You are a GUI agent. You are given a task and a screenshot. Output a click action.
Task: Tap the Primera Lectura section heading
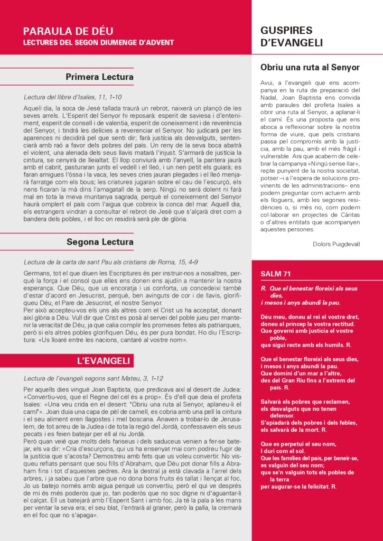99,77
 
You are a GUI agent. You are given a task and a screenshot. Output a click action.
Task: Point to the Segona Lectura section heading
100,242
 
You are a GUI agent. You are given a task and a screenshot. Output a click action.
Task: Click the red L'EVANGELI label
103,361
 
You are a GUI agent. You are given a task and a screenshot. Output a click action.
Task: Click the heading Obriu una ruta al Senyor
310,68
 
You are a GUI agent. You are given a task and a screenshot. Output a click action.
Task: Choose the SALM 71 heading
275,274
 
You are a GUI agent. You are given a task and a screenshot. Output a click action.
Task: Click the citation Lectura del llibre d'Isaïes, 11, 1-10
73,97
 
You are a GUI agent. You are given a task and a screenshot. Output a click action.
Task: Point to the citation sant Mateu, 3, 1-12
94,378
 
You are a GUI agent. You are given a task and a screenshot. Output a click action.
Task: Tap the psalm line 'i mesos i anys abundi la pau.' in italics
300,303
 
